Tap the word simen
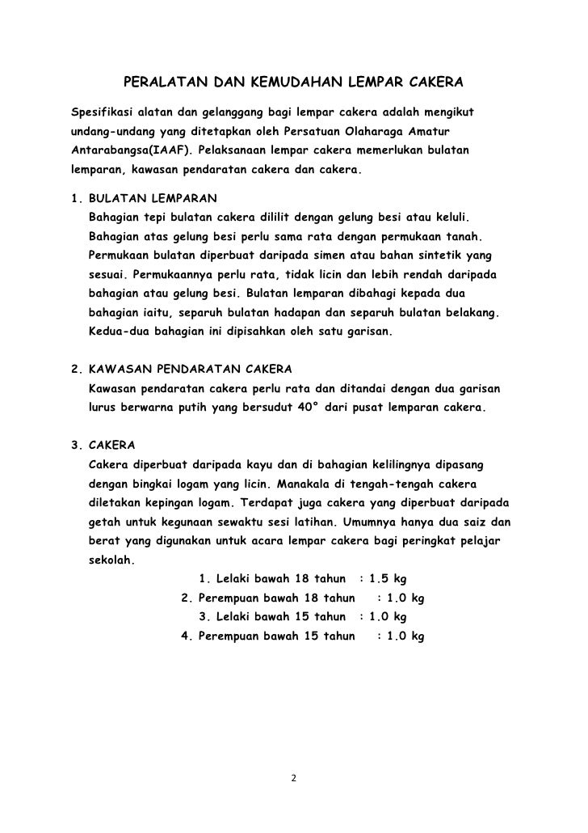pos(334,255)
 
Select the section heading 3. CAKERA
pos(103,446)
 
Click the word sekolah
pos(111,562)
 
